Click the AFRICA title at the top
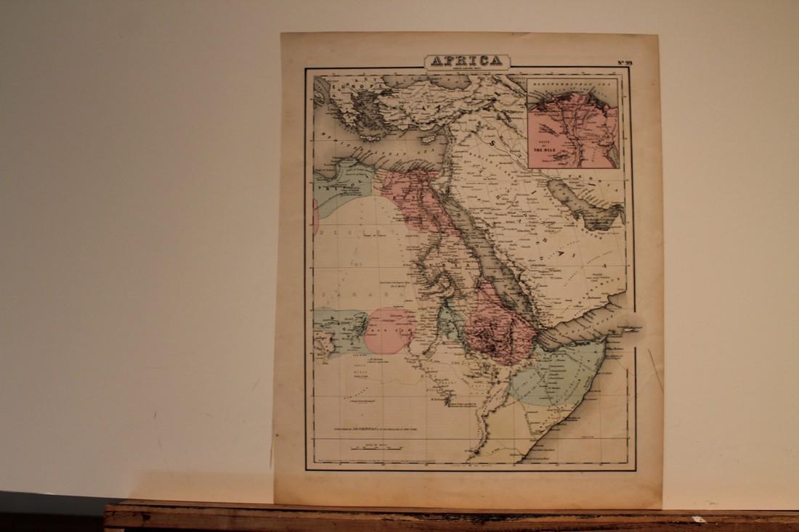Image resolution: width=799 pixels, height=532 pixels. (466, 61)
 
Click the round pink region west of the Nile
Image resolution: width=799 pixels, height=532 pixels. (389, 330)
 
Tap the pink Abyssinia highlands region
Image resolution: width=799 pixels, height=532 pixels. (498, 330)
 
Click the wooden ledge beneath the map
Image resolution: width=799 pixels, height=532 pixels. (450, 517)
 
